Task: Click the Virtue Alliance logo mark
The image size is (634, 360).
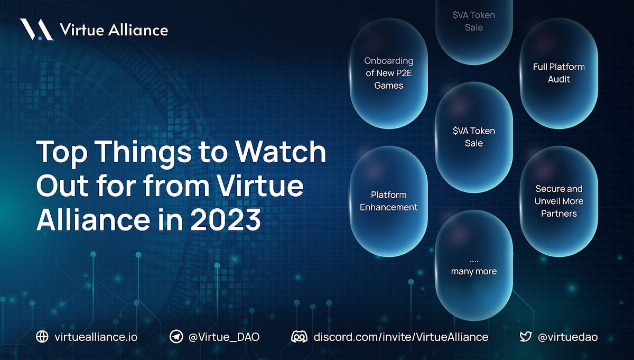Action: (36, 30)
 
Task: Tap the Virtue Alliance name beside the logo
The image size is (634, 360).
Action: (114, 30)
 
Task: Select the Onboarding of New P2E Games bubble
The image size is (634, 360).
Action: (389, 73)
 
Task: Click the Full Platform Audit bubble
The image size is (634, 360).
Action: (558, 73)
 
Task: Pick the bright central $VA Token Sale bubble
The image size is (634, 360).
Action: (474, 137)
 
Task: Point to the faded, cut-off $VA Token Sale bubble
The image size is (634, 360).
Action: (474, 24)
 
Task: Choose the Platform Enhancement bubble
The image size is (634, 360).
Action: (389, 201)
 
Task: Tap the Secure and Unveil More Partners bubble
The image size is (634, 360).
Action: (558, 201)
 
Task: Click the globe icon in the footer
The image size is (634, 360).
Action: (42, 337)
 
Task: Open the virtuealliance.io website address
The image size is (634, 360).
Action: (96, 337)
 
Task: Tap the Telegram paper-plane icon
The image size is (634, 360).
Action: (176, 337)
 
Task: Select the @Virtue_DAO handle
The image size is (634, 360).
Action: (223, 337)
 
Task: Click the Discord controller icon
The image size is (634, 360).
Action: (300, 337)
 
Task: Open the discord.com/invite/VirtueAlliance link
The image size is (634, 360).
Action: (400, 337)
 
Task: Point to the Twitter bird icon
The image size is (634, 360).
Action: (525, 337)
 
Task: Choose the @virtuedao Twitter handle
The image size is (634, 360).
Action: (567, 337)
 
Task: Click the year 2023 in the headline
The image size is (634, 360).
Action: (226, 219)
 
